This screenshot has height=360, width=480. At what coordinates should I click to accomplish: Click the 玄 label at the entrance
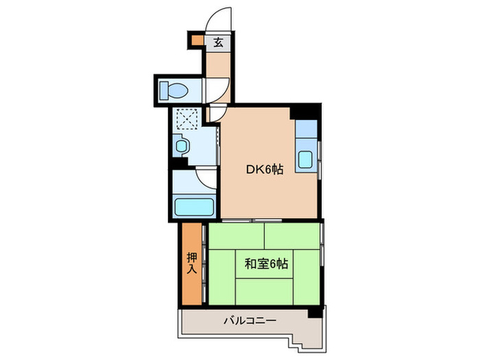click(218, 42)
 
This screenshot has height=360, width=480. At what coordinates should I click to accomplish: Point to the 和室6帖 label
click(265, 263)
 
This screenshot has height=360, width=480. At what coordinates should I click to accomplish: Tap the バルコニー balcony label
click(250, 320)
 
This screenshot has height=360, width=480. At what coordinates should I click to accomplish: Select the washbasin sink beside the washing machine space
click(180, 145)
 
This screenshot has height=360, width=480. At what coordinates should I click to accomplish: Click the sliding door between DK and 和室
click(254, 220)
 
